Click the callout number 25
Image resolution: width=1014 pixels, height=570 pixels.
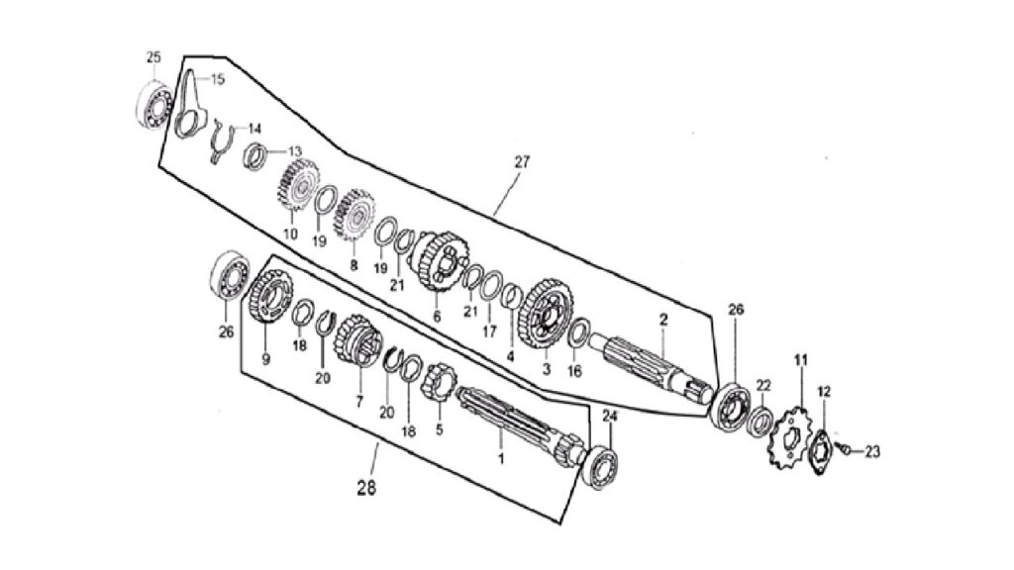point(153,56)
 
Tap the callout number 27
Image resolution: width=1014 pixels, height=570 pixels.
point(521,162)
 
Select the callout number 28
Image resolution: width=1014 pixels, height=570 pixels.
point(366,489)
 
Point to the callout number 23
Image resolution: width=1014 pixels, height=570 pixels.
point(872,451)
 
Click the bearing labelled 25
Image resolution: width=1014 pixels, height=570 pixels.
point(155,104)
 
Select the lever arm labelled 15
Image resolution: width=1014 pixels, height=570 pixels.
point(189,103)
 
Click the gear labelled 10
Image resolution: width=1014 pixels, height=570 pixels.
point(298,184)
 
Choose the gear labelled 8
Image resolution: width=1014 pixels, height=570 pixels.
point(354,214)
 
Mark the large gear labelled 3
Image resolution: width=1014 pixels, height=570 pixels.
point(548,311)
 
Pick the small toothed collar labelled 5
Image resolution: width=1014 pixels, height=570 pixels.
point(439,383)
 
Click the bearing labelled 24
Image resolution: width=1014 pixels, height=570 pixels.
point(599,467)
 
